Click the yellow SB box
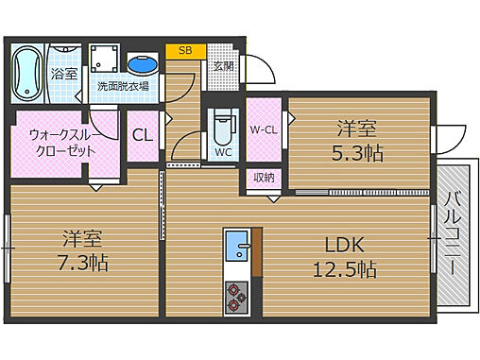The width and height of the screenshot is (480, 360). click(x=186, y=51)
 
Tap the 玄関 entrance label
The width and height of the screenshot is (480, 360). click(x=223, y=66)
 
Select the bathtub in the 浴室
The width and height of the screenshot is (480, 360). click(x=27, y=74)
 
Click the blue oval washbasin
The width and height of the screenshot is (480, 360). click(x=143, y=64)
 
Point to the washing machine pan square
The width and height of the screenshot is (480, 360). click(x=104, y=59)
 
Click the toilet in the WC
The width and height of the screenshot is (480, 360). click(x=223, y=129)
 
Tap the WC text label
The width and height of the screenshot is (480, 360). click(x=223, y=152)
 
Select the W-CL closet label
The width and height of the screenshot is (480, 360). click(x=264, y=129)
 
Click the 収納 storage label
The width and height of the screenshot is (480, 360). click(x=264, y=178)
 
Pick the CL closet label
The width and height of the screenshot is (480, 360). click(x=143, y=135)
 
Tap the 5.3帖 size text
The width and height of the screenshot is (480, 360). click(x=357, y=153)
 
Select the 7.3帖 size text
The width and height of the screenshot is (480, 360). click(x=83, y=263)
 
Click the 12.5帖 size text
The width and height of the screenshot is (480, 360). click(x=345, y=269)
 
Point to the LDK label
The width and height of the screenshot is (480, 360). click(x=345, y=245)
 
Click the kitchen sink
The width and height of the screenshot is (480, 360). click(x=237, y=246)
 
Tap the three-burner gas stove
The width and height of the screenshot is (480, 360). click(x=236, y=298)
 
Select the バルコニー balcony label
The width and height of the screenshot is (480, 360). click(x=453, y=232)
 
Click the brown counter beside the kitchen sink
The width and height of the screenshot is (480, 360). click(x=257, y=252)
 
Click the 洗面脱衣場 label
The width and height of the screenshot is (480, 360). click(x=123, y=86)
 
